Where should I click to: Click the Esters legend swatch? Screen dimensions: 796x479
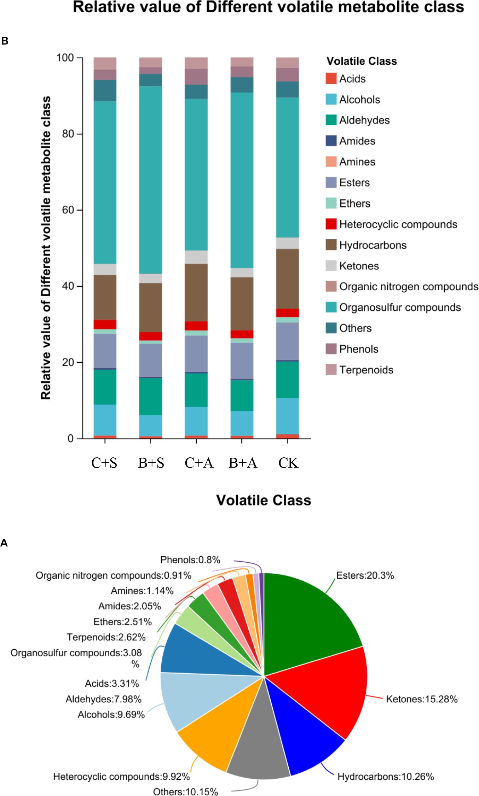click(331, 182)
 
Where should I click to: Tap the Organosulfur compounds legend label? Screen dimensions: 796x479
click(400, 308)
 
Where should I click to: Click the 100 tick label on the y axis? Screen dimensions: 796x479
click(65, 58)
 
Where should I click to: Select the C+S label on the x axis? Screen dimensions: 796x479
click(104, 463)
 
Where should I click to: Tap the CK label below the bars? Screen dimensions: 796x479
click(288, 463)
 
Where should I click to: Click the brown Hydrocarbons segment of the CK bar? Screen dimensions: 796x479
click(287, 279)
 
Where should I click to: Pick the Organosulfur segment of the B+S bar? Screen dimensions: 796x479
click(150, 180)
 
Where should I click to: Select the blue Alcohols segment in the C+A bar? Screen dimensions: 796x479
click(196, 421)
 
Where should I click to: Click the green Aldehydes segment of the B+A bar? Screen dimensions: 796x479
click(242, 395)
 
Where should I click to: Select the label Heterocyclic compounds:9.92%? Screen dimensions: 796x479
click(121, 777)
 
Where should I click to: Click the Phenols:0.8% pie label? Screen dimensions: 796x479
click(190, 560)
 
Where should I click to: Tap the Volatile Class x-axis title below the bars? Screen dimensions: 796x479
click(264, 500)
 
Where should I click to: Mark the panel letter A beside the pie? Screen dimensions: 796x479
click(4, 543)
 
